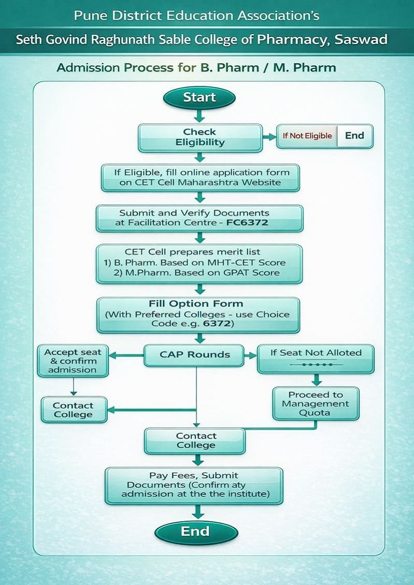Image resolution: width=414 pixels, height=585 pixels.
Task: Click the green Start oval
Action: tap(199, 97)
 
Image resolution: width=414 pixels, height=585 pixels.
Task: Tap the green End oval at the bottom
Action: tap(196, 532)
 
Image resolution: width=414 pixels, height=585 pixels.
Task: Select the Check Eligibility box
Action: tap(199, 137)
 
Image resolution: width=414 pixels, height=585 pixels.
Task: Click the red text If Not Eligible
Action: tap(307, 136)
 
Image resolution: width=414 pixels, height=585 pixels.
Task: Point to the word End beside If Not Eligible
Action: tap(354, 136)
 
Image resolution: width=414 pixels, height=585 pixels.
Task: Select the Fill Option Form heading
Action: tap(196, 303)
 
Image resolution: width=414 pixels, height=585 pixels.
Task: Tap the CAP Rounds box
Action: tap(195, 355)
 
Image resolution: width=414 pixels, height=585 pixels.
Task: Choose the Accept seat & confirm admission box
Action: tap(73, 361)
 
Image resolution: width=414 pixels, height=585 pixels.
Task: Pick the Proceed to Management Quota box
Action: tap(316, 403)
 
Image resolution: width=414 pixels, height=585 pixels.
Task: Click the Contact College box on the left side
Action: tap(73, 410)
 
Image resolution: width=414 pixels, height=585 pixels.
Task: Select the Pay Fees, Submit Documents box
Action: tap(194, 485)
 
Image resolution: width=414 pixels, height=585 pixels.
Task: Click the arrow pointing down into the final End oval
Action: tap(196, 513)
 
